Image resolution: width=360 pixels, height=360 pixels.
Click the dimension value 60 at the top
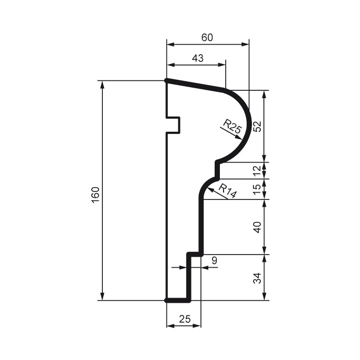(208, 38)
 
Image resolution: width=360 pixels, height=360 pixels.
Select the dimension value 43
(197, 58)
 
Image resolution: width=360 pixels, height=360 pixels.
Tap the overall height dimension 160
(95, 195)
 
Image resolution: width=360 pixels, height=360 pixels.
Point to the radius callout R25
(231, 126)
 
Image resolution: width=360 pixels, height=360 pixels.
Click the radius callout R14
(227, 191)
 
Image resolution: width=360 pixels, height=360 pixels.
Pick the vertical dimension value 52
(257, 126)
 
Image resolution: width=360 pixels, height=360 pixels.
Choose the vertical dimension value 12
(257, 171)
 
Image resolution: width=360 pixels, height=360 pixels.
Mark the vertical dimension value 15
(257, 189)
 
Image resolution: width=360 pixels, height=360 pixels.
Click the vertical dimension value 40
(257, 227)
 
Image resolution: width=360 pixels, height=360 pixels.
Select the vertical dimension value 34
(257, 278)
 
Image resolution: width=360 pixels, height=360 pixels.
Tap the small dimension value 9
(214, 260)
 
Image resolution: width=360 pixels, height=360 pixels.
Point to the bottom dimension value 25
(184, 319)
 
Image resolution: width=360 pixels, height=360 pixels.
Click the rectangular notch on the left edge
(174, 125)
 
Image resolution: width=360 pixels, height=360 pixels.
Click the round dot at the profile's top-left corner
(167, 81)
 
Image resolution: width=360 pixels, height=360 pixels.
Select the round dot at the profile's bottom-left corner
(167, 301)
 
